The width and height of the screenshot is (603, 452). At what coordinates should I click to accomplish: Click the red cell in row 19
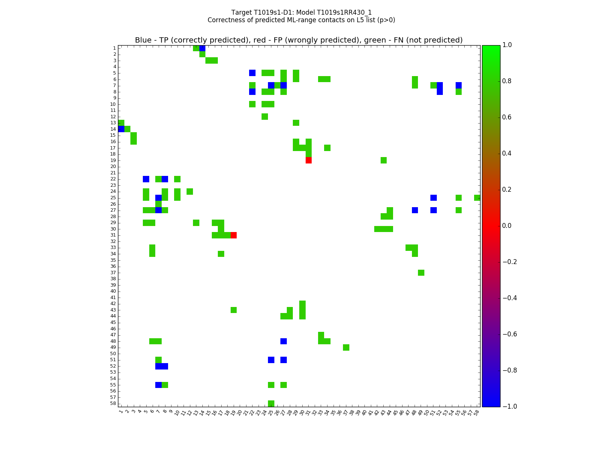308,160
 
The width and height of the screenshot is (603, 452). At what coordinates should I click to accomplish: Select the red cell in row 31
233,235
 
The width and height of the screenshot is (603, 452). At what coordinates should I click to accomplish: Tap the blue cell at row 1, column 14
202,48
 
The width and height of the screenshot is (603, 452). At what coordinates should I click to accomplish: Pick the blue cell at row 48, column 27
283,341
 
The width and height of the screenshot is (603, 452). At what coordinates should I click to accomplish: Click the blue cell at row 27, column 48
415,210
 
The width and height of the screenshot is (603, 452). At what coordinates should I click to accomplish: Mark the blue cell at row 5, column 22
252,73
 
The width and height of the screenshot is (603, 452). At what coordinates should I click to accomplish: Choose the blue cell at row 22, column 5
146,179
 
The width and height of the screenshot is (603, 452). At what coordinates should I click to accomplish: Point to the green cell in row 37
421,273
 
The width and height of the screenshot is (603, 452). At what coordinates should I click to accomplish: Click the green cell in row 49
346,347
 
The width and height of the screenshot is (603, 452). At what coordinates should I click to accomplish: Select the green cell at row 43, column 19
233,310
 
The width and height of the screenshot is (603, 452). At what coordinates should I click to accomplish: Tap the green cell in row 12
265,116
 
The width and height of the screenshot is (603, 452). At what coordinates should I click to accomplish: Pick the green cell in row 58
271,403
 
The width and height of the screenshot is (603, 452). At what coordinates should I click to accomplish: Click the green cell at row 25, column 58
477,198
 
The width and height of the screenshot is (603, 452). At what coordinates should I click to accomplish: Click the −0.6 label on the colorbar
509,334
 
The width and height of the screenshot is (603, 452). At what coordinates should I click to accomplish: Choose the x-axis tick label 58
477,412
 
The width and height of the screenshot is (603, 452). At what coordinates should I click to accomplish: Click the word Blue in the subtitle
143,40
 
